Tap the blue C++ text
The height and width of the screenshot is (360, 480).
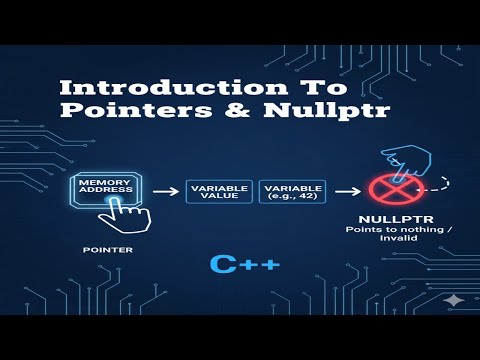pyautogui.click(x=244, y=264)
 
